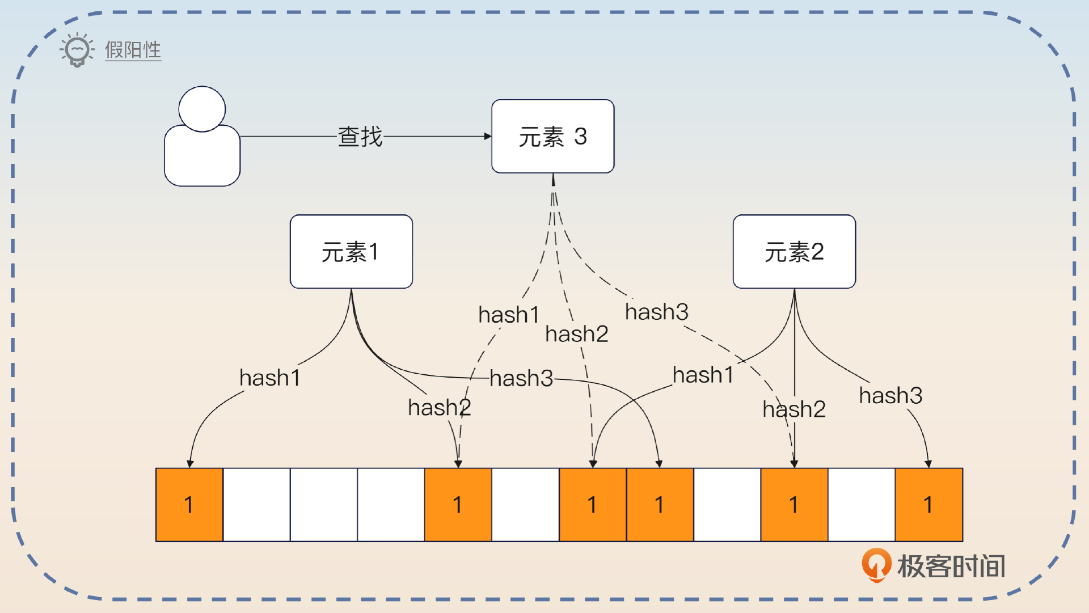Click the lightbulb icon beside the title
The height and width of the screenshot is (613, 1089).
(x=77, y=50)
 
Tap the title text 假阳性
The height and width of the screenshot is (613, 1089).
(x=133, y=50)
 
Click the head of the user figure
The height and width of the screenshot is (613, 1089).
(x=202, y=109)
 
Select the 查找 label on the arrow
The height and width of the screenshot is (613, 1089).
(x=360, y=137)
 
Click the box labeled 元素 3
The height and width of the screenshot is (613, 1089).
(x=552, y=137)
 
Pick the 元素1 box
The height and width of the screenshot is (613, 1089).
(x=351, y=252)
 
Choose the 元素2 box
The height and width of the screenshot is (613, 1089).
(x=794, y=252)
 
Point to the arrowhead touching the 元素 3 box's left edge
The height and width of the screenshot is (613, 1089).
(x=488, y=136)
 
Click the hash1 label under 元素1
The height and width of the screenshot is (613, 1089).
(x=269, y=378)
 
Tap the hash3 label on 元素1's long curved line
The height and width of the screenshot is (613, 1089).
(x=521, y=378)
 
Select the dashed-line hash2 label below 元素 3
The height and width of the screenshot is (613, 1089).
(x=576, y=334)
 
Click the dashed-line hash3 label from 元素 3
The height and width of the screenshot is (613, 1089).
(x=656, y=312)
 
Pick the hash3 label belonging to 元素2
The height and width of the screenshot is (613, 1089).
(x=890, y=396)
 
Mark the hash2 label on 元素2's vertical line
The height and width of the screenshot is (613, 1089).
(x=793, y=409)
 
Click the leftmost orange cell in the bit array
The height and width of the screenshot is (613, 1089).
(x=189, y=505)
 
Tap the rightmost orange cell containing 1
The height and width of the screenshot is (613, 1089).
(x=928, y=505)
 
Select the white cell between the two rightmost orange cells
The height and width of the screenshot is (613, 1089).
(x=862, y=505)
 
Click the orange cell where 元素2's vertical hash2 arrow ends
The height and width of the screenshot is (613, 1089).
(x=794, y=505)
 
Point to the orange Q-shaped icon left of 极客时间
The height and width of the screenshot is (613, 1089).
(x=876, y=565)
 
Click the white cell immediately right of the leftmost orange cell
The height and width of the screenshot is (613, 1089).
(x=256, y=505)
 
